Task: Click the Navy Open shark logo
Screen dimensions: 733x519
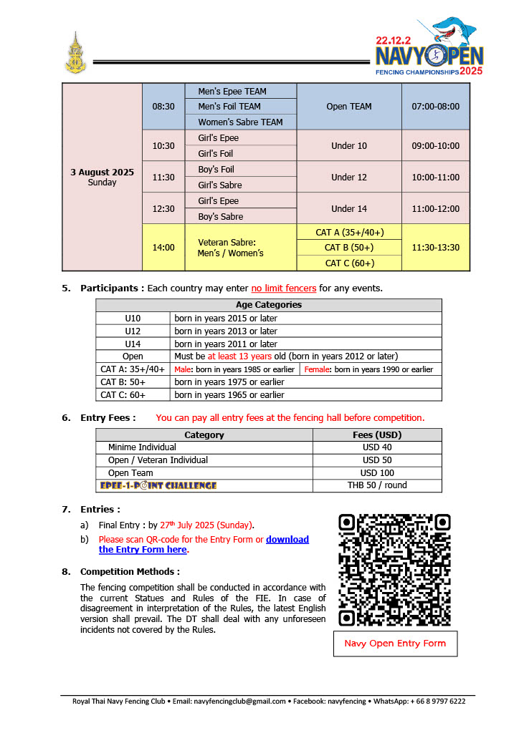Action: [429, 47]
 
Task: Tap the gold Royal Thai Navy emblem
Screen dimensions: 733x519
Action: [73, 54]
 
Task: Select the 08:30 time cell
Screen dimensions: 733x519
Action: [163, 107]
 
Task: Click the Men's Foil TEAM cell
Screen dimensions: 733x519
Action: [240, 107]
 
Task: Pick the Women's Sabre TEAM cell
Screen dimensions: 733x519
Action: [240, 122]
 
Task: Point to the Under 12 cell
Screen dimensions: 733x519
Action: [348, 177]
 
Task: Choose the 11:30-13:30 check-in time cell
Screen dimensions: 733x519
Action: [435, 248]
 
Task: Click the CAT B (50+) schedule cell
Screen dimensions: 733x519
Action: [348, 248]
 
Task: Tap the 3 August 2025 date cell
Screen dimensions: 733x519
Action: [102, 177]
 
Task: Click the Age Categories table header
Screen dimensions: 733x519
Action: [268, 305]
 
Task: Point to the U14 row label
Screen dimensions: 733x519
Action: [133, 344]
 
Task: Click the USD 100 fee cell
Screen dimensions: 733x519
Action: [376, 473]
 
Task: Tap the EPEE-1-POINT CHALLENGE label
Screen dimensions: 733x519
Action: [158, 485]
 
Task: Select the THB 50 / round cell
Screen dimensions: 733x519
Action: [376, 485]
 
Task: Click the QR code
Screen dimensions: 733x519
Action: [394, 570]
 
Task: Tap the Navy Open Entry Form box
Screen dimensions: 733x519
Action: [395, 644]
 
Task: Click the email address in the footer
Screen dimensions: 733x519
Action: [239, 702]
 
